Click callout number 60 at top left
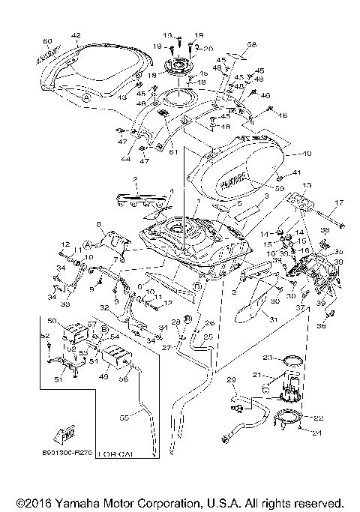(x=46, y=40)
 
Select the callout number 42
(x=75, y=35)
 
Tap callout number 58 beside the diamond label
(x=231, y=44)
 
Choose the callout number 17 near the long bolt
(x=338, y=202)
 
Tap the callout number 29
(x=231, y=381)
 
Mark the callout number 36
(x=320, y=325)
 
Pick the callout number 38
(x=325, y=230)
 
